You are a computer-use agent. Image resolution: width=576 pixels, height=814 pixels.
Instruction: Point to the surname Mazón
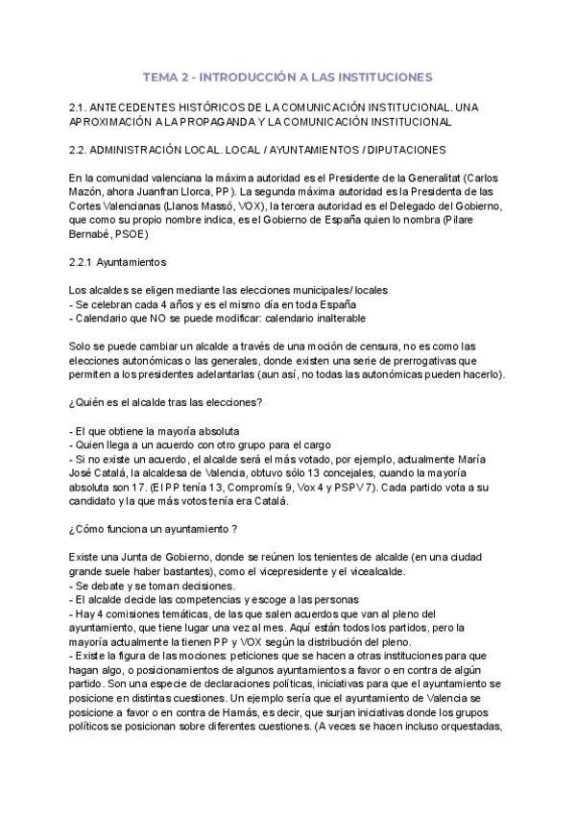pos(89,193)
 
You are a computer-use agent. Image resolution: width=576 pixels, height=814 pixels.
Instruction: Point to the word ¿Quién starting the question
pos(89,402)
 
